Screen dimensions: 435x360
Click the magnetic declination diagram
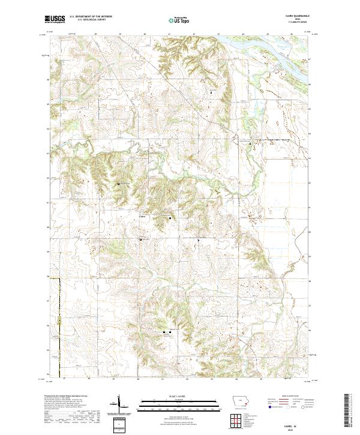point(120,405)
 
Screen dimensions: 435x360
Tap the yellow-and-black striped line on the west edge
point(60,336)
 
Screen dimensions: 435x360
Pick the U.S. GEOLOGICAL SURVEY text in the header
point(91,20)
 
